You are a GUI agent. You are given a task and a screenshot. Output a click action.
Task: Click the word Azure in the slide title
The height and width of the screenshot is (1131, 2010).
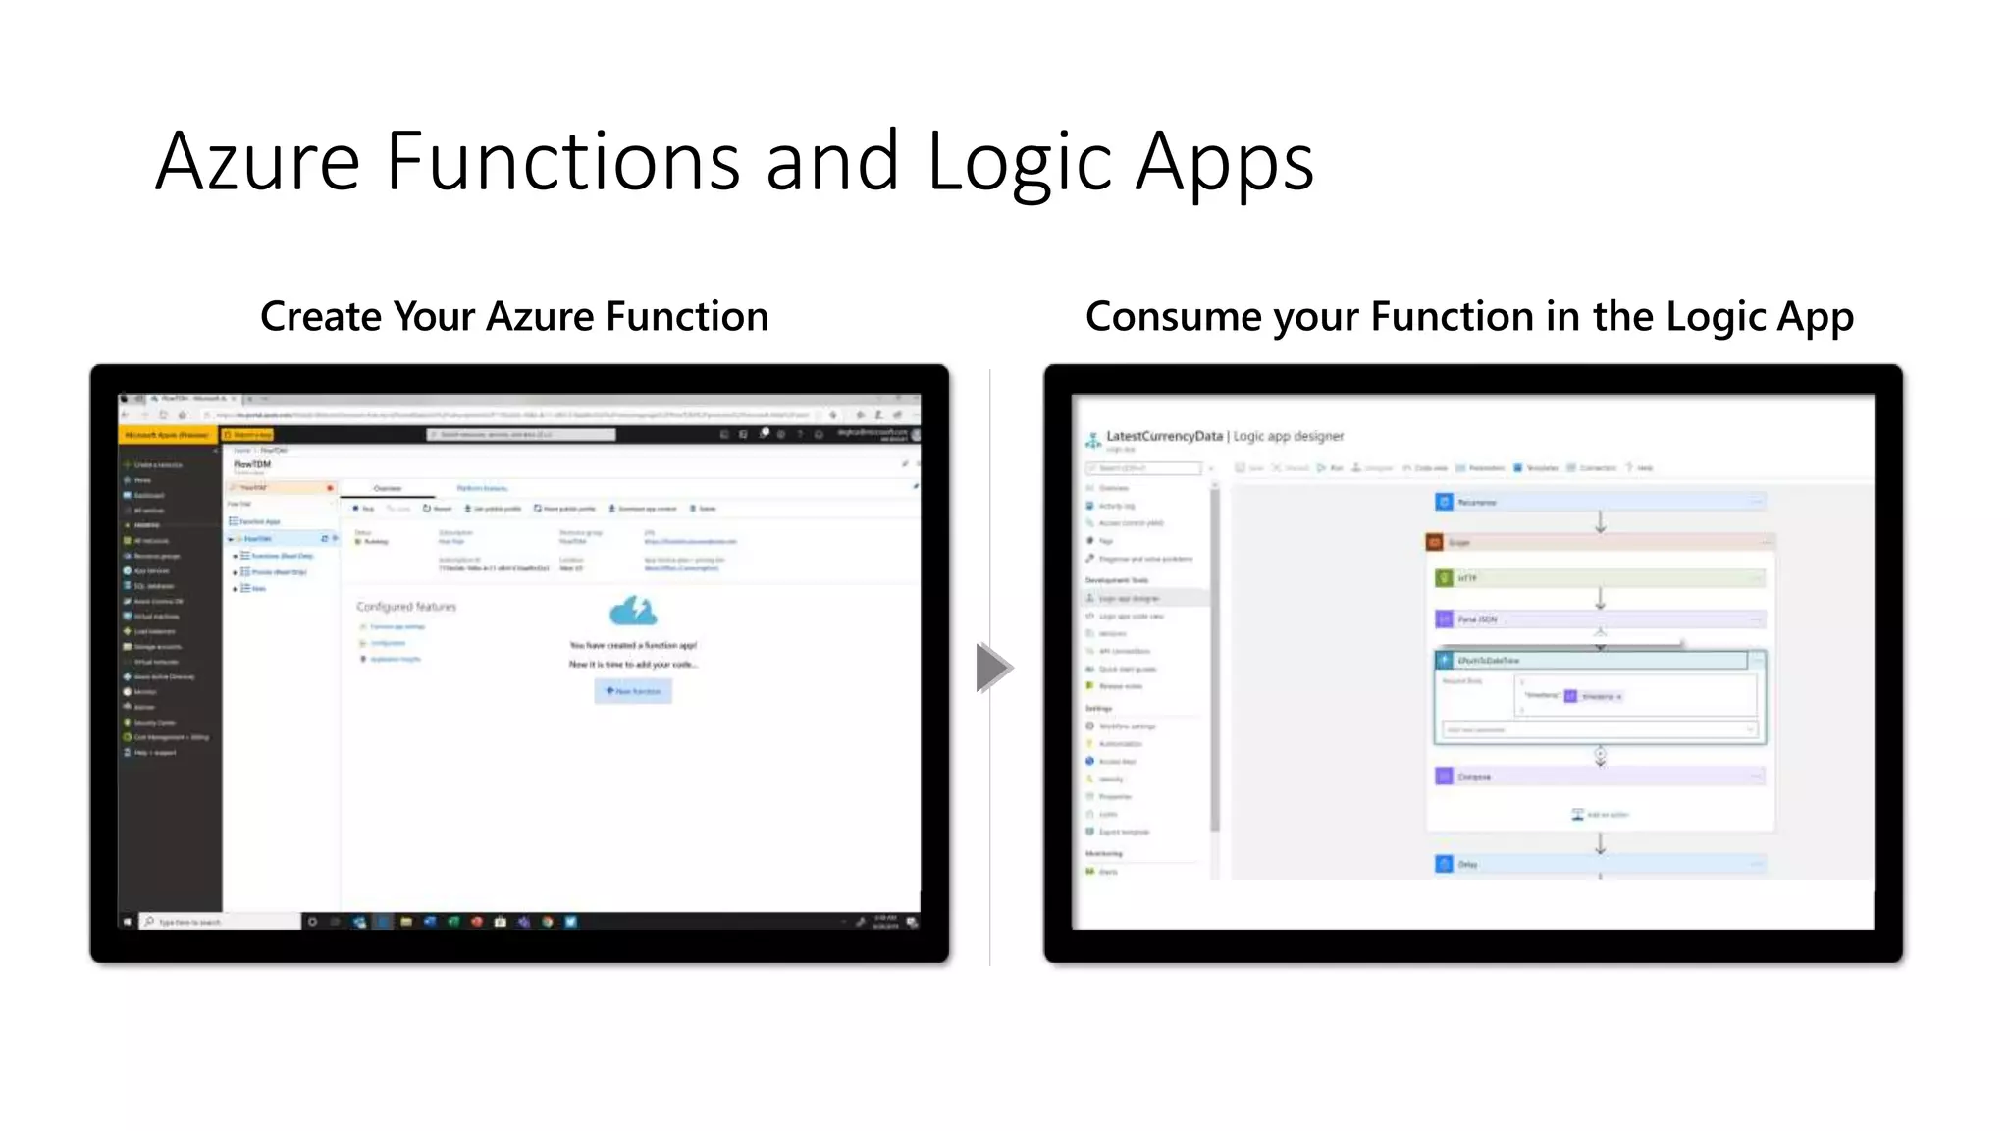258,162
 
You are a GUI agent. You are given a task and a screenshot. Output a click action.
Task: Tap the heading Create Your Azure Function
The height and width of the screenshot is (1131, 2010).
514,317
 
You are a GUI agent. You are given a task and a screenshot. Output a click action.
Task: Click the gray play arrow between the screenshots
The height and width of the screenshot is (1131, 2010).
992,668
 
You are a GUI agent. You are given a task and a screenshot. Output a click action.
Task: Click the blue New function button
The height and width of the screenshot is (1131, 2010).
633,691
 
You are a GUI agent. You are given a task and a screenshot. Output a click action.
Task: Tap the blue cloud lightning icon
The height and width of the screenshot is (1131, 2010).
633,611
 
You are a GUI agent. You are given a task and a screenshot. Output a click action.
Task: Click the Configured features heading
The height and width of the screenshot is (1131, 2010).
406,607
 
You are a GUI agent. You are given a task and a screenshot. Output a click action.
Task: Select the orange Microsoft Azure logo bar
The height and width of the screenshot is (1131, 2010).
168,434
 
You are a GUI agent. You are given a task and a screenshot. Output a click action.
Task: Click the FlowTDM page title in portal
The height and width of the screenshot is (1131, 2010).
252,464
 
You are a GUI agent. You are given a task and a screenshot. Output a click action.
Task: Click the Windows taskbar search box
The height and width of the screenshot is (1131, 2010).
221,922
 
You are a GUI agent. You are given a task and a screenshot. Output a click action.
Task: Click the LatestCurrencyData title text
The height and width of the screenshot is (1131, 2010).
1164,436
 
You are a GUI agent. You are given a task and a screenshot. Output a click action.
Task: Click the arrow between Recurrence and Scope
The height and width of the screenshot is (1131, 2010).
1601,522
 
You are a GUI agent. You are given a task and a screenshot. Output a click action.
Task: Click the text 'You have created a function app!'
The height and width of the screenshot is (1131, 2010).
633,646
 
